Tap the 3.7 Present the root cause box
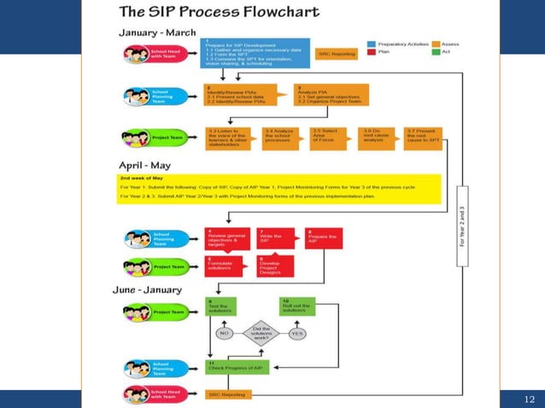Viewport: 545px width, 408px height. (425, 137)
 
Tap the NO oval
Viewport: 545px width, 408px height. (225, 334)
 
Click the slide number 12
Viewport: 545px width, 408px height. (527, 399)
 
